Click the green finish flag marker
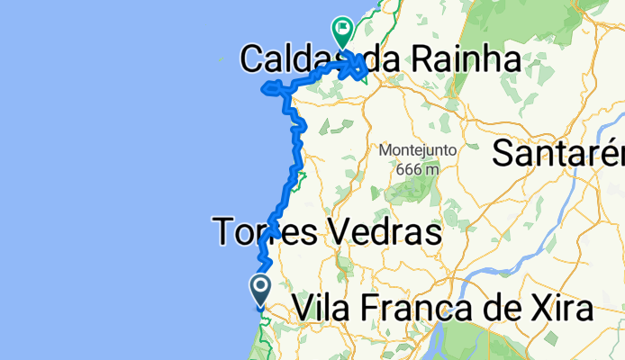[343, 32]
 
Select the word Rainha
[467, 60]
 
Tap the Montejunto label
[417, 149]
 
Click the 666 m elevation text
[417, 167]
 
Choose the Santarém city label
[558, 154]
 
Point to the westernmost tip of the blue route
[261, 88]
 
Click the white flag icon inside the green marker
[343, 29]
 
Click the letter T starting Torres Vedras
[225, 234]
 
